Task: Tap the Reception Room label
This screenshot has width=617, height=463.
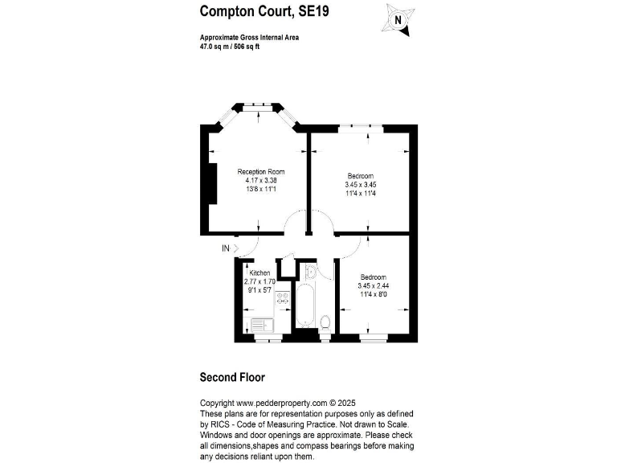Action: tap(260, 172)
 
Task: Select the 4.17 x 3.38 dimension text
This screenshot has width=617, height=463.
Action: tap(260, 181)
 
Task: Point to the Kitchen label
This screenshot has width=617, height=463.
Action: tap(259, 273)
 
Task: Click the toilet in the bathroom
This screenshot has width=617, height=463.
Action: tap(325, 323)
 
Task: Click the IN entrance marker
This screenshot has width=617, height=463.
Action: tap(226, 248)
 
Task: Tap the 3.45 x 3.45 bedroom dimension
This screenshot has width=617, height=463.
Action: tap(361, 184)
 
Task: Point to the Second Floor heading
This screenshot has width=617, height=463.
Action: tap(232, 377)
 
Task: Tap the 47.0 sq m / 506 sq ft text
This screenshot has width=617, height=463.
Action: tap(230, 47)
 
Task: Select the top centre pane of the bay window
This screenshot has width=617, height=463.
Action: tap(256, 104)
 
